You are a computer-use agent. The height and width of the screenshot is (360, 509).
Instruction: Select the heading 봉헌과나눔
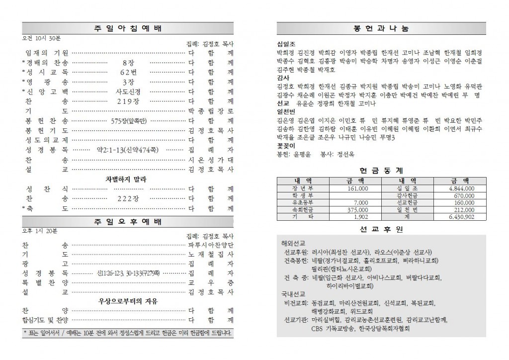pyautogui.click(x=381, y=29)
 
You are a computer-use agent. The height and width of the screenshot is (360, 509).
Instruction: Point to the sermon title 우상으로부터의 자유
pyautogui.click(x=128, y=301)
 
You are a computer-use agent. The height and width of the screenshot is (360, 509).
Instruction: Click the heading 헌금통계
pyautogui.click(x=381, y=170)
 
